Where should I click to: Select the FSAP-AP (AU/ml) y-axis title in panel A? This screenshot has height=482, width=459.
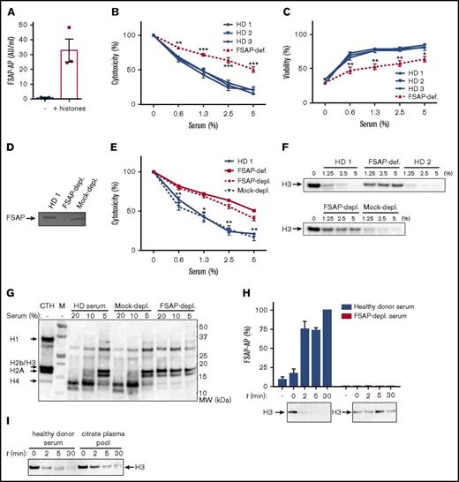tap(11, 61)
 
